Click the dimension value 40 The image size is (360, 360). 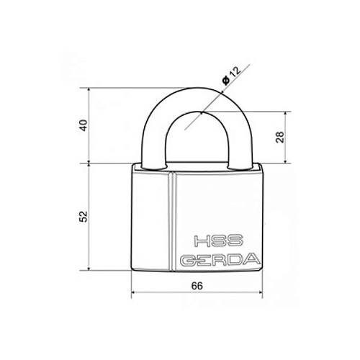click(84, 125)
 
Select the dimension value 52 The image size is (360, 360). click(84, 216)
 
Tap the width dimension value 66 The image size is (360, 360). click(197, 286)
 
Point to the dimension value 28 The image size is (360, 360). click(280, 137)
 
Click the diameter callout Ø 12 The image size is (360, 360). click(231, 76)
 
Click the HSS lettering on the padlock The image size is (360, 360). click(217, 240)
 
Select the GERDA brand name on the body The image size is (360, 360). click(220, 259)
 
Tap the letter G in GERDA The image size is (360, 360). click(189, 260)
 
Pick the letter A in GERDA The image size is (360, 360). click(252, 259)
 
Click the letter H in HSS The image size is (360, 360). click(201, 241)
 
